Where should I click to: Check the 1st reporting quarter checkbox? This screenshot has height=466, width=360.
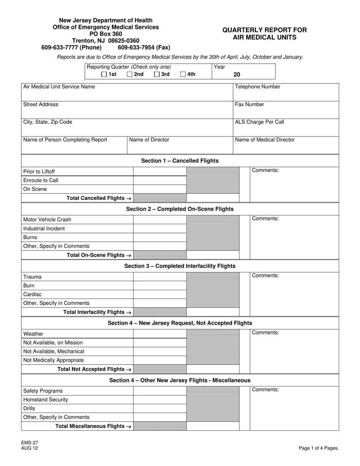[104, 75]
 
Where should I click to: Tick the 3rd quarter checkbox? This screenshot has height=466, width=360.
[157, 75]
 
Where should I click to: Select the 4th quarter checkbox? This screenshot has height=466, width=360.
[183, 75]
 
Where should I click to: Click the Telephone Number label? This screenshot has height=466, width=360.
[258, 87]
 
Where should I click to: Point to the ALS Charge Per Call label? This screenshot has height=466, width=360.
[260, 122]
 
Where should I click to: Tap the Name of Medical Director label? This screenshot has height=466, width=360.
[265, 140]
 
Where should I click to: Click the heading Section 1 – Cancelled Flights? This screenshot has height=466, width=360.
[180, 161]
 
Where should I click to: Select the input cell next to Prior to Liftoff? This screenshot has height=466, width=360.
[160, 172]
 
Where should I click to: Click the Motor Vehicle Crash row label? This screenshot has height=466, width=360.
[47, 220]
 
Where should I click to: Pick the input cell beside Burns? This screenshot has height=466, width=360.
[160, 238]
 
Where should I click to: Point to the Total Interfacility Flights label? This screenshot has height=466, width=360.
[97, 312]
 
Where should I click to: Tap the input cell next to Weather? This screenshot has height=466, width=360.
[160, 334]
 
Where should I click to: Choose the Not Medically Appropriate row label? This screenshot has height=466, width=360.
[54, 360]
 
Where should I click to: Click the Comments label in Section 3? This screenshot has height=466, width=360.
[265, 276]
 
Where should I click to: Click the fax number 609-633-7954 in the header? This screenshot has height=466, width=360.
[144, 48]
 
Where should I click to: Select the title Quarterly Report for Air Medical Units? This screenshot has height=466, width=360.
[265, 34]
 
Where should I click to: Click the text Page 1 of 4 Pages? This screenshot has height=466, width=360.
[319, 448]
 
